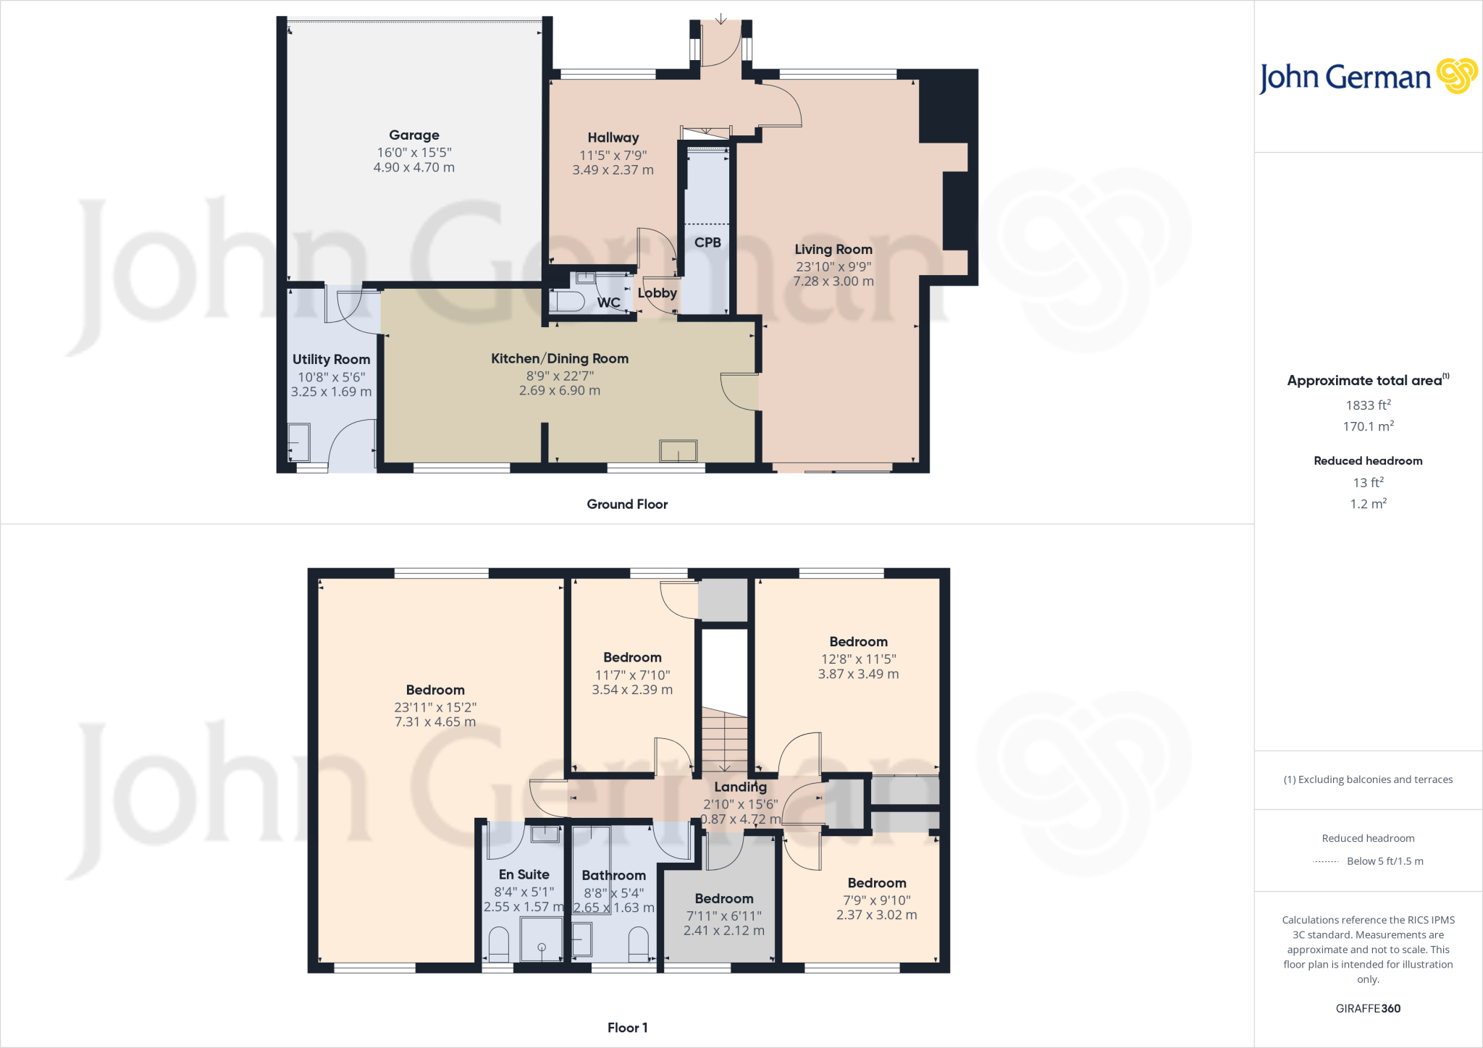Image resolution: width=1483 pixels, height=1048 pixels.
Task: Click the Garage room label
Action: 413,135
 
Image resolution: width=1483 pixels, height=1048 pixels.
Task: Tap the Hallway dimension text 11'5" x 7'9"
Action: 613,155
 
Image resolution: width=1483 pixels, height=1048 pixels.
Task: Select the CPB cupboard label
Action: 707,242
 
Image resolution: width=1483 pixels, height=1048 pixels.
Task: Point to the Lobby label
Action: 657,293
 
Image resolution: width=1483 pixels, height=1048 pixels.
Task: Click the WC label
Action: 608,303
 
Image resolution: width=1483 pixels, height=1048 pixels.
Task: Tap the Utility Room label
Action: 331,360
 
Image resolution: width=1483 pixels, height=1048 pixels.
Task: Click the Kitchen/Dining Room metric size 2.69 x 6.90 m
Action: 559,391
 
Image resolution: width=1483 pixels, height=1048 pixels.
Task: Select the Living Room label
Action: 833,250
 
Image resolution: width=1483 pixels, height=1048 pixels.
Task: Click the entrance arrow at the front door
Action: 721,18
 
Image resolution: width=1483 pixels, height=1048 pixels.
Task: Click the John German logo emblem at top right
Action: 1456,76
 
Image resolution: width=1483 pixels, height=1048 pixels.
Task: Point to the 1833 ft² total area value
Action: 1367,405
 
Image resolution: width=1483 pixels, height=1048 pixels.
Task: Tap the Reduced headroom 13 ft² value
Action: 1367,482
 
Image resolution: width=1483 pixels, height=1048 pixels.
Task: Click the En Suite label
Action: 524,875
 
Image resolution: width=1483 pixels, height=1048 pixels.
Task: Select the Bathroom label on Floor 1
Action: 613,876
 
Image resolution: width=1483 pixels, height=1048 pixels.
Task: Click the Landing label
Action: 740,787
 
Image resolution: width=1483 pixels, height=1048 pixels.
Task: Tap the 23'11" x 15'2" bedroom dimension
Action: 434,707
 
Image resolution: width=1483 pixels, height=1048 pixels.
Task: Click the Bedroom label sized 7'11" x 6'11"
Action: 723,899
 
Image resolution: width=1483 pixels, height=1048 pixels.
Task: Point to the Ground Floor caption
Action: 627,504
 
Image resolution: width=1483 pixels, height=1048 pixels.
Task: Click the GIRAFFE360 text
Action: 1367,1008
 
